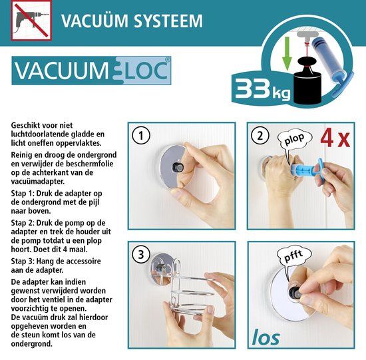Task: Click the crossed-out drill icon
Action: (x=31, y=21)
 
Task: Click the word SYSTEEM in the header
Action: (x=168, y=21)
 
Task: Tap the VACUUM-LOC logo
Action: (x=91, y=71)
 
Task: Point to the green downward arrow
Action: (x=287, y=54)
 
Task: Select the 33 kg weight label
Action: (x=263, y=89)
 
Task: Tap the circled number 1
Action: (x=141, y=136)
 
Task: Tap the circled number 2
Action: (x=260, y=136)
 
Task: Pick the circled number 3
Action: (x=141, y=254)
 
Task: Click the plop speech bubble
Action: (x=294, y=140)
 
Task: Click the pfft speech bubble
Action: (x=293, y=258)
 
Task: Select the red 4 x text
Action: (x=335, y=139)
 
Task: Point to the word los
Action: (x=266, y=337)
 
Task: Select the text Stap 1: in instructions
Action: (x=23, y=194)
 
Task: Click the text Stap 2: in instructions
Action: (x=23, y=223)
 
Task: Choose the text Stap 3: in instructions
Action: (x=23, y=262)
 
